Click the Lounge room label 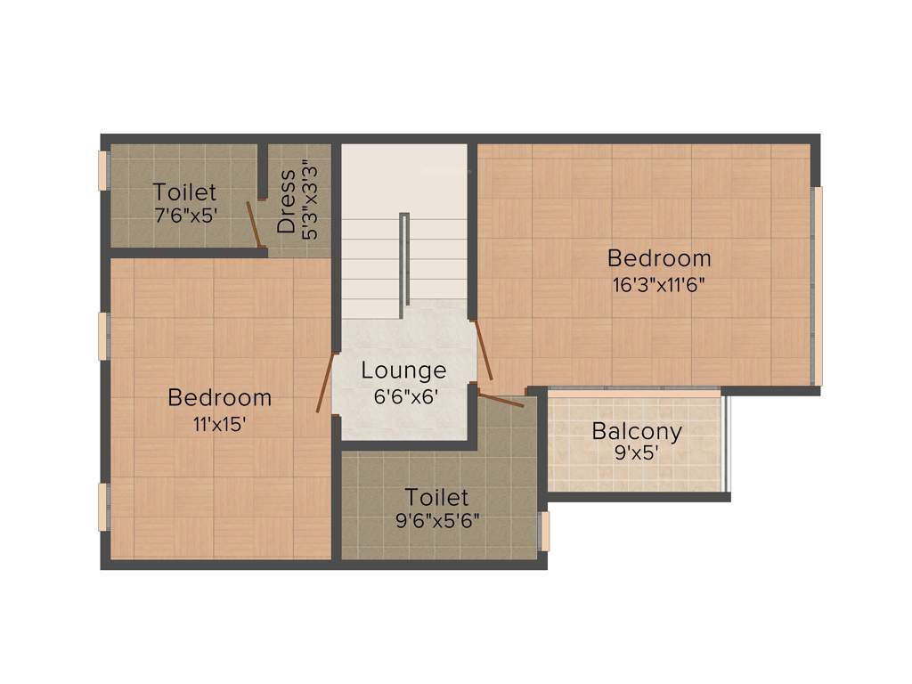[x=403, y=370]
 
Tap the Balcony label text [x=637, y=432]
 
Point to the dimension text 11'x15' [x=219, y=424]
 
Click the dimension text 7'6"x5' [x=184, y=215]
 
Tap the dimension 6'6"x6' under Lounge [x=403, y=396]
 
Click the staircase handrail [x=404, y=258]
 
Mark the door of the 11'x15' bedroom [x=326, y=382]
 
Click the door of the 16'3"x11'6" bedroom [x=484, y=351]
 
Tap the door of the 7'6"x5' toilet [x=255, y=224]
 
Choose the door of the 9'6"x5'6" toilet [x=501, y=397]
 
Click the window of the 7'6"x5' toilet [x=103, y=170]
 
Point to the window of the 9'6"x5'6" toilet [x=546, y=531]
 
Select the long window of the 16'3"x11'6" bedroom [x=818, y=285]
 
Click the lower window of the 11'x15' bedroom [x=103, y=507]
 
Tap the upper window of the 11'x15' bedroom [x=103, y=337]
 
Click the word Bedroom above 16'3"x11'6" [x=659, y=258]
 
